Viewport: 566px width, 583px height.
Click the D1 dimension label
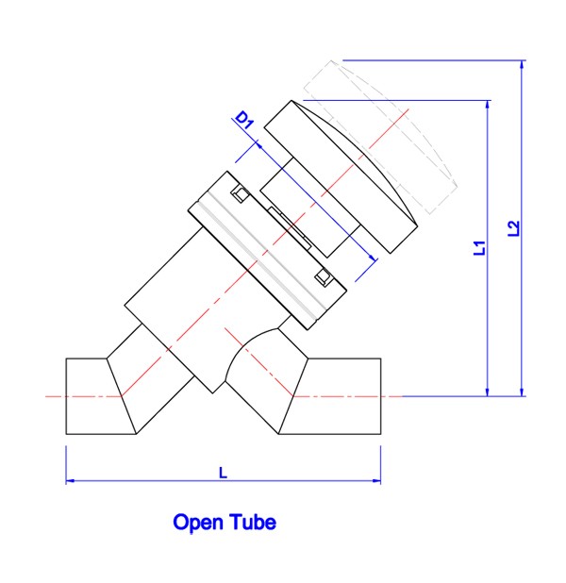(245, 120)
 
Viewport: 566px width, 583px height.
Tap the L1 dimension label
(479, 247)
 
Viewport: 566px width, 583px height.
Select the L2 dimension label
(513, 228)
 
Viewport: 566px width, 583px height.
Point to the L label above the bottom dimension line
(223, 473)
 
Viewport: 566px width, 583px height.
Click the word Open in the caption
(197, 524)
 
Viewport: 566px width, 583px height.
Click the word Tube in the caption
(253, 522)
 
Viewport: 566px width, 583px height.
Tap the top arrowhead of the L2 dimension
(522, 65)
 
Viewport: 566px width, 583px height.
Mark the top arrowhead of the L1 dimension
(488, 105)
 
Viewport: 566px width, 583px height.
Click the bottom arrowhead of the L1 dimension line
(488, 391)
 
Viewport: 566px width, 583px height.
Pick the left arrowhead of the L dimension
(71, 481)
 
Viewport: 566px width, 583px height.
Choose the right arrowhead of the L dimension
(376, 481)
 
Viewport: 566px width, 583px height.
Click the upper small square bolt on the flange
(241, 194)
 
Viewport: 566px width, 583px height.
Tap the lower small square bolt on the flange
(323, 277)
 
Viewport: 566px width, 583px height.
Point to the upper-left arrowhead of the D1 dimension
(260, 145)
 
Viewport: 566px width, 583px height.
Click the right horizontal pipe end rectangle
(330, 396)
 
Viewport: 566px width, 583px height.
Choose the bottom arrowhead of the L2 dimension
(522, 391)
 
